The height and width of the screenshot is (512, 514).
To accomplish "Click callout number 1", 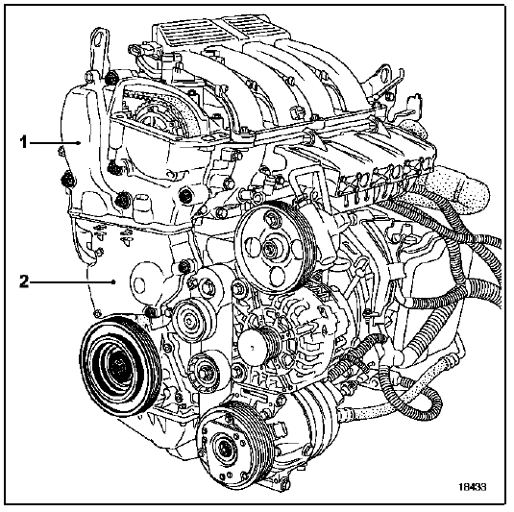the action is point(23,142).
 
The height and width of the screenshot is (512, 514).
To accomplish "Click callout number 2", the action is point(24,281).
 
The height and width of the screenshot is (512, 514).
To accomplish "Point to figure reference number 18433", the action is point(472,486).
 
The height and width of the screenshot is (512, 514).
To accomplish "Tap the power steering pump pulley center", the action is point(270,246).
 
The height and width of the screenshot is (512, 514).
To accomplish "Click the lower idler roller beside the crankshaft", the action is point(204,372).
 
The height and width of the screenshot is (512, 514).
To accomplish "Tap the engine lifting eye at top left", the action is point(99,42).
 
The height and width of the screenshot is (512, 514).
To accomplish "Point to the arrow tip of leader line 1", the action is point(80,142).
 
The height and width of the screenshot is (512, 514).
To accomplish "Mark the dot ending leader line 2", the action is point(113,281).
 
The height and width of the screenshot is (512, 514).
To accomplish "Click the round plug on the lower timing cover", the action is point(139,285).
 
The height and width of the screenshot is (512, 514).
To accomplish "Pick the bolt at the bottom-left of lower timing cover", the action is point(97,314).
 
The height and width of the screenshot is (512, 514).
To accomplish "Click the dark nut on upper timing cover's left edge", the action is point(68,179).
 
